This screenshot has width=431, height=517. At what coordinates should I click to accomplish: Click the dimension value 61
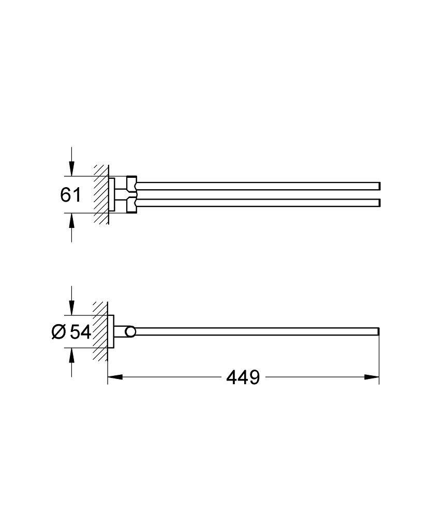tap(71, 195)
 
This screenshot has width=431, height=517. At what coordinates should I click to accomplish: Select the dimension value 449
tap(243, 377)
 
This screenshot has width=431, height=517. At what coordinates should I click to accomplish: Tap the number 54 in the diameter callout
tap(80, 331)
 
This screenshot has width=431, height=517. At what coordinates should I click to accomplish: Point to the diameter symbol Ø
tap(58, 331)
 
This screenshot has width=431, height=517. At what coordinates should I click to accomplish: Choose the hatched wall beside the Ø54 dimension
tap(100, 331)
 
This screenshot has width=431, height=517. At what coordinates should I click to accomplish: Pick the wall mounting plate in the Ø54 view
tap(111, 331)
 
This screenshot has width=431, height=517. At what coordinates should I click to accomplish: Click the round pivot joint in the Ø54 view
tap(131, 331)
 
